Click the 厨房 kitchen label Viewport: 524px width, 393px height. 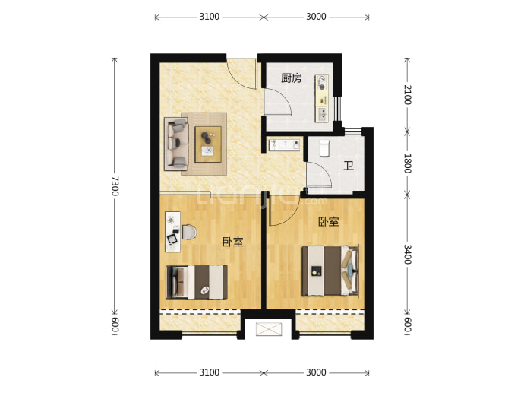[x=291, y=78]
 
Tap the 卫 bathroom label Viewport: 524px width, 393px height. [x=349, y=166]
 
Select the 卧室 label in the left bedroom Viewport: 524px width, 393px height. [x=233, y=242]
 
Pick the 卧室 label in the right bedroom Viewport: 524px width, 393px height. [x=329, y=221]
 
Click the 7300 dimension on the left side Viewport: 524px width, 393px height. [x=115, y=186]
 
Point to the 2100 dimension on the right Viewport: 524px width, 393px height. [x=407, y=95]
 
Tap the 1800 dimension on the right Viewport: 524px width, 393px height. [x=407, y=163]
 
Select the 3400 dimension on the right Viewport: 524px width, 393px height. [x=407, y=254]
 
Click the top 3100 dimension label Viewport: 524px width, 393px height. [x=209, y=17]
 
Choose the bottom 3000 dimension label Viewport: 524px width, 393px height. [x=316, y=372]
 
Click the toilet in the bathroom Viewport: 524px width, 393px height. [x=324, y=148]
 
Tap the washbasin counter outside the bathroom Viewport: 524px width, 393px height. [x=284, y=145]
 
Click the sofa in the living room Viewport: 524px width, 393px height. [x=176, y=144]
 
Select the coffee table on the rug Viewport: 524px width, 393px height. [x=208, y=144]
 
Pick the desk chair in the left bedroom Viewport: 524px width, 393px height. [x=189, y=232]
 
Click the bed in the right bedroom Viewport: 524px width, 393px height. [x=330, y=271]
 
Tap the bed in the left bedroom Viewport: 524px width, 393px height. [x=197, y=282]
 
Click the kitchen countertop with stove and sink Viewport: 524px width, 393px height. [x=322, y=98]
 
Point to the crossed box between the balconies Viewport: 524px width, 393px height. [x=269, y=329]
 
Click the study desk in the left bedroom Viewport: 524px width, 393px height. [x=173, y=232]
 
